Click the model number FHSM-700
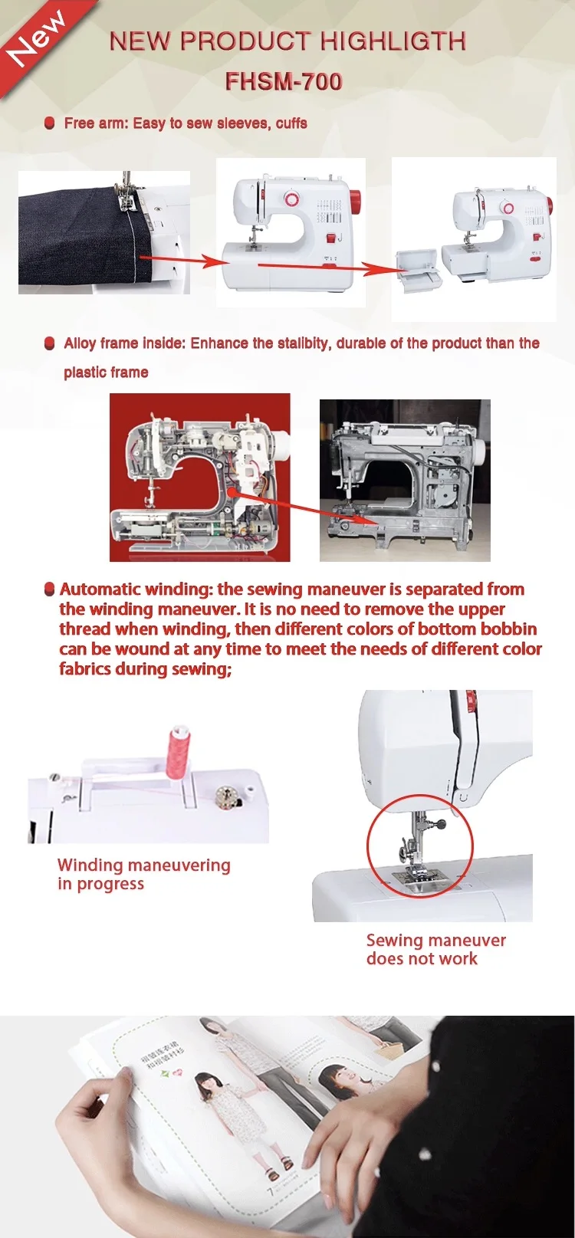click(x=284, y=81)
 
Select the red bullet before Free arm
click(x=50, y=123)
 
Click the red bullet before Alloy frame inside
click(x=50, y=343)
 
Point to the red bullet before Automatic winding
click(x=50, y=589)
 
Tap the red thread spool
click(x=177, y=751)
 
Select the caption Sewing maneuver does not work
click(x=435, y=949)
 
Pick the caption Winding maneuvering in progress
click(x=143, y=874)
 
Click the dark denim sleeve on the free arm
click(x=73, y=234)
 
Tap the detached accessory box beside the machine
click(x=419, y=270)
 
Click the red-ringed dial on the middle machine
click(x=292, y=199)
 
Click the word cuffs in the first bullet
click(x=291, y=123)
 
